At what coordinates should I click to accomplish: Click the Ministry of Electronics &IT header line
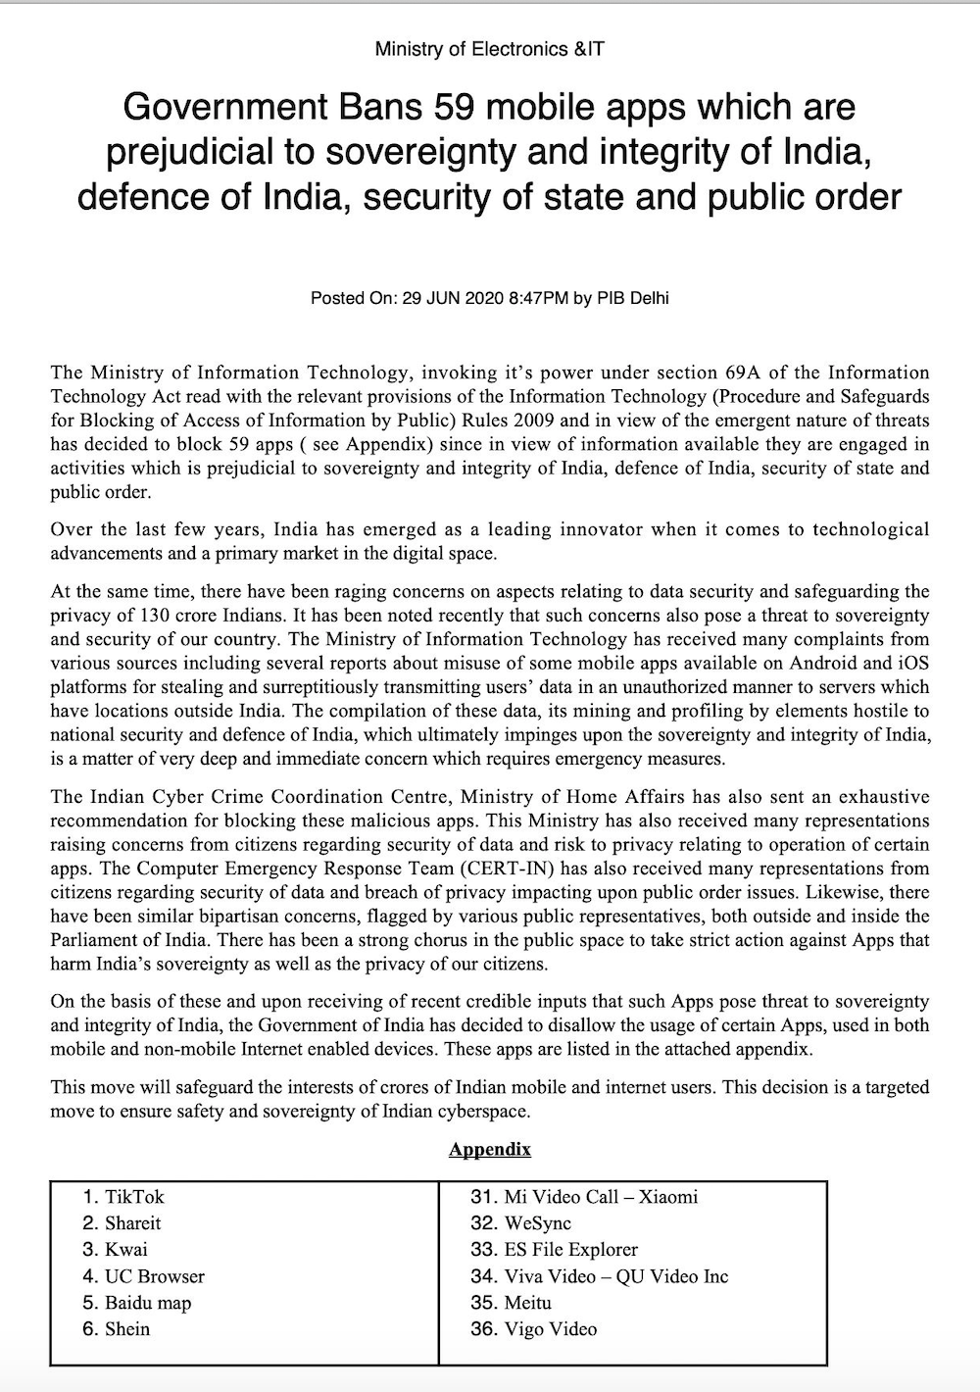click(489, 48)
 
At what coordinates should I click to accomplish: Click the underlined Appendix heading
click(490, 1149)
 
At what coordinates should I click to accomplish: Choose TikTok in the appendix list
click(134, 1197)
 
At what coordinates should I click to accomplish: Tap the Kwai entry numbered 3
click(126, 1250)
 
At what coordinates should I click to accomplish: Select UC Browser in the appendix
click(155, 1276)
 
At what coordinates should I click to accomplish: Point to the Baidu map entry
click(148, 1303)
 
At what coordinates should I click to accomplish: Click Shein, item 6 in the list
click(127, 1329)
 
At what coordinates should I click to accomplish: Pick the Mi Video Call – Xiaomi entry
click(600, 1197)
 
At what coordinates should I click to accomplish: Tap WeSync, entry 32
click(537, 1223)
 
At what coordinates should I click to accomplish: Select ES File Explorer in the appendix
click(570, 1250)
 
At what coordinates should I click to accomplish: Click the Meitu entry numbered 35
click(527, 1303)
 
